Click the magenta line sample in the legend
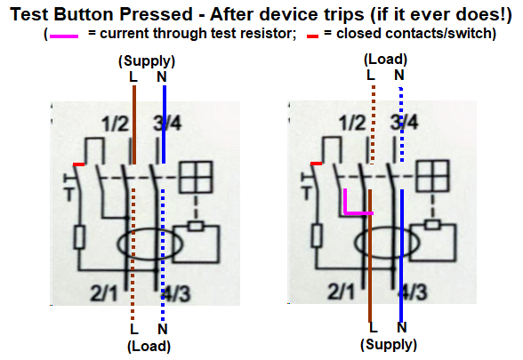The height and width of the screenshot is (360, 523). tap(64, 36)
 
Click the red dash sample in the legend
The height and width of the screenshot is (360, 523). tap(312, 36)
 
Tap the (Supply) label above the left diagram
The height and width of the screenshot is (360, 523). tap(147, 61)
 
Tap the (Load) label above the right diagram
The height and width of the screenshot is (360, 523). tap(386, 60)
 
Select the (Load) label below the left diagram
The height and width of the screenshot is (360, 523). tap(149, 347)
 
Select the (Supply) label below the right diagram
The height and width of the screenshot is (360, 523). tap(389, 345)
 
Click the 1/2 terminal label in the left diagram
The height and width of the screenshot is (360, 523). tap(116, 124)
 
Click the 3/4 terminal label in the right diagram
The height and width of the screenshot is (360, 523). tap(404, 123)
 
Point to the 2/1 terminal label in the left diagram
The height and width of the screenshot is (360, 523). tap(104, 293)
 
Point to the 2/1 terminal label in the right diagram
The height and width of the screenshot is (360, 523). tap(342, 292)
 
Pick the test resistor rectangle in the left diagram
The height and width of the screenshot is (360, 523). tap(79, 237)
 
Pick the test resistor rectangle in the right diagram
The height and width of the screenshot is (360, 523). tap(317, 236)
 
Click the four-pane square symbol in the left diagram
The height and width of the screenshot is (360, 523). tap(196, 178)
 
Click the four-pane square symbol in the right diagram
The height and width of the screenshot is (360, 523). tap(433, 176)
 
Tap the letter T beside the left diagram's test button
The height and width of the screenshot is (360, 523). tap(69, 195)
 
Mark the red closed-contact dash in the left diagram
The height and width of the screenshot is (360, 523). tap(78, 164)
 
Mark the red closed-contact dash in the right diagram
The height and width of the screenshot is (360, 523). tap(317, 164)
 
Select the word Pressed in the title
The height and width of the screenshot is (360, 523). tap(157, 14)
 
